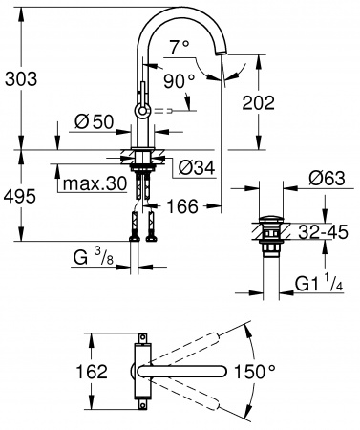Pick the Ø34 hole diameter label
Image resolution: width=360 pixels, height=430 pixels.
197,166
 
